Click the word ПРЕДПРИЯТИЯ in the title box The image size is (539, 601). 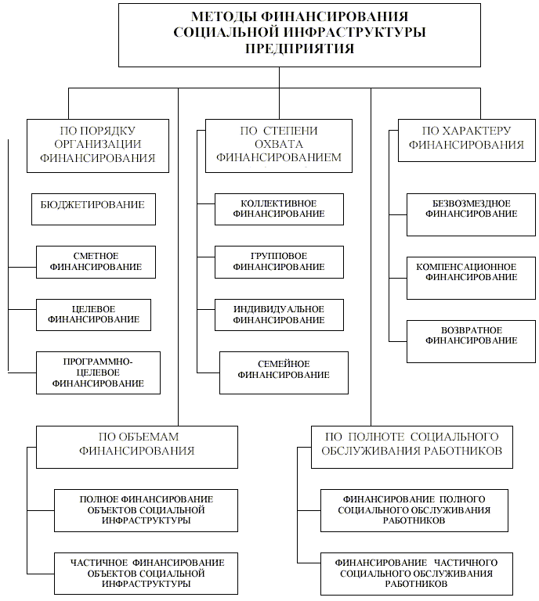pyautogui.click(x=299, y=49)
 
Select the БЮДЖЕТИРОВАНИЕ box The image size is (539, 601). pyautogui.click(x=93, y=209)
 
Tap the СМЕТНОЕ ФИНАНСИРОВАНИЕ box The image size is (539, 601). pyautogui.click(x=96, y=262)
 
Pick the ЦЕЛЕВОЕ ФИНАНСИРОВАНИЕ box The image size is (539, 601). pyautogui.click(x=93, y=315)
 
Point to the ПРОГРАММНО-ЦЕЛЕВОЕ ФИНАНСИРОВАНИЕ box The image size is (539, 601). pyautogui.click(x=98, y=373)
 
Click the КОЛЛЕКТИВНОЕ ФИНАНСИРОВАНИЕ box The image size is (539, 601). pyautogui.click(x=279, y=209)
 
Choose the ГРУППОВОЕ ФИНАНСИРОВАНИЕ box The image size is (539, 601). pyautogui.click(x=279, y=262)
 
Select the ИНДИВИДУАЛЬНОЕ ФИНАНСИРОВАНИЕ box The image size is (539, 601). pyautogui.click(x=279, y=315)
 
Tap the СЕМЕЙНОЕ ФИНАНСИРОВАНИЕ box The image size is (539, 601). pyautogui.click(x=284, y=373)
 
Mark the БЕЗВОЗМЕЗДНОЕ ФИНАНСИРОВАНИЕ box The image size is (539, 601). pyautogui.click(x=471, y=214)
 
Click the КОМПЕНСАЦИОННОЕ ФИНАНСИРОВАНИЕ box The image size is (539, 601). pyautogui.click(x=471, y=279)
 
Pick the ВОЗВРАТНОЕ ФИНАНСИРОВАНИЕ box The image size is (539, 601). pyautogui.click(x=471, y=341)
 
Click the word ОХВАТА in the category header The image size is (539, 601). pyautogui.click(x=279, y=144)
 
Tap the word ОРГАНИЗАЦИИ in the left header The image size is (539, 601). pyautogui.click(x=98, y=144)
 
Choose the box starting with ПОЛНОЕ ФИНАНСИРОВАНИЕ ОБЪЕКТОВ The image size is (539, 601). pyautogui.click(x=147, y=510)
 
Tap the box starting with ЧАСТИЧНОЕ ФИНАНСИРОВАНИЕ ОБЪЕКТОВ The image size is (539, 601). pyautogui.click(x=147, y=574)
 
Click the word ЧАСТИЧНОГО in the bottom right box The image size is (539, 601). pyautogui.click(x=465, y=563)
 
